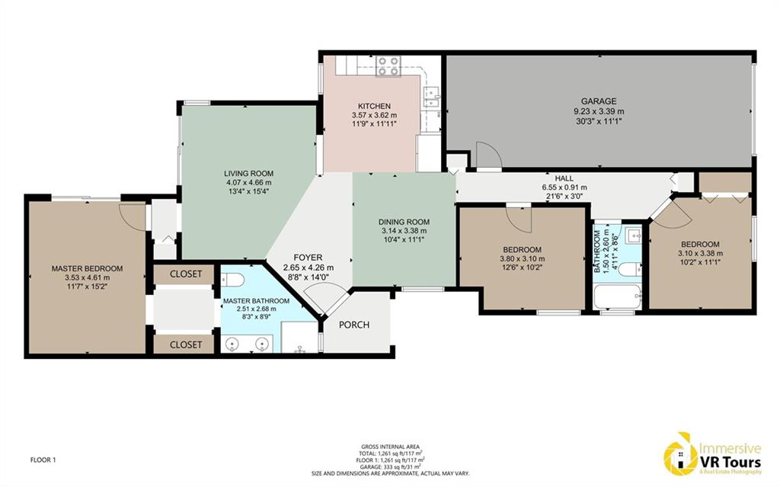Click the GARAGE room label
click(x=599, y=101)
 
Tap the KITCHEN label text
click(x=374, y=106)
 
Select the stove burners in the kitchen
click(x=388, y=66)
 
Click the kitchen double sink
click(x=431, y=97)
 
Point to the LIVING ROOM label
click(x=248, y=173)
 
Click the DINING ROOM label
click(x=404, y=222)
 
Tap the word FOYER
click(x=308, y=258)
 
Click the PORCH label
click(x=354, y=325)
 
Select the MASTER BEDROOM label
click(x=87, y=268)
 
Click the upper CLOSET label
click(x=186, y=274)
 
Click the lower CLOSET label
click(x=186, y=344)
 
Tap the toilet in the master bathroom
click(x=232, y=280)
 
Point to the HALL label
click(x=564, y=178)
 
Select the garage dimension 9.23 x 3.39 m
click(x=599, y=111)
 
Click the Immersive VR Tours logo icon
click(x=680, y=453)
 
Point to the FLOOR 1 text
click(x=43, y=460)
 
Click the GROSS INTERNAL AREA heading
click(x=391, y=447)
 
